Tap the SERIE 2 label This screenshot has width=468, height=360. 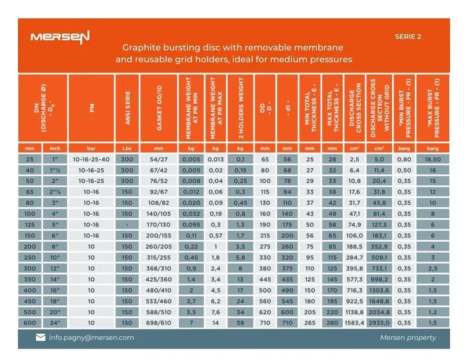point(408,36)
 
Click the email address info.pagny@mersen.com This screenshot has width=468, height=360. point(92,338)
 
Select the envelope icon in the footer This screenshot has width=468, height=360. point(41,338)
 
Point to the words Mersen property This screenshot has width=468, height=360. point(408,338)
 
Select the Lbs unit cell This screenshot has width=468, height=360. point(127,148)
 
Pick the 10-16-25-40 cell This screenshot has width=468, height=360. point(92,159)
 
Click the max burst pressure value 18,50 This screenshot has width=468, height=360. point(432,159)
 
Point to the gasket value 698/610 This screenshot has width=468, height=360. point(160,322)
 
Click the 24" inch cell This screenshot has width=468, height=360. point(55,322)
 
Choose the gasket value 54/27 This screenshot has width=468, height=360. point(160,159)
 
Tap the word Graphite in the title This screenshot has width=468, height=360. point(141,48)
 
